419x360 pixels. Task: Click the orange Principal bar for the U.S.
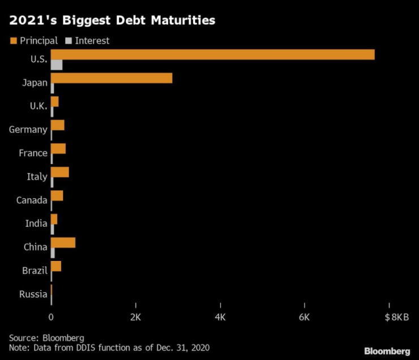coord(212,54)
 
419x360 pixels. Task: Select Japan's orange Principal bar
coord(112,78)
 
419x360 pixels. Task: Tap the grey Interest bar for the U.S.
coord(57,65)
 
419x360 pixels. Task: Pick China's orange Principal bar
coord(63,242)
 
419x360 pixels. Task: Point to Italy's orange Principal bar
coord(60,172)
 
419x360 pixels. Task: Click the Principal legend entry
coord(35,41)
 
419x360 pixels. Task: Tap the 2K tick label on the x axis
coord(135,317)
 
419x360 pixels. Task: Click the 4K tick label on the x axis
coord(220,317)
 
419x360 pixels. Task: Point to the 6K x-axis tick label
coord(305,317)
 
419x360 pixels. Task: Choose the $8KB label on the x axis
coord(396,317)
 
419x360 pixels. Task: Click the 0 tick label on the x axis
coord(52,317)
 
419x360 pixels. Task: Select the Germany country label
coord(28,130)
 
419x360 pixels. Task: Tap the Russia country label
coord(33,294)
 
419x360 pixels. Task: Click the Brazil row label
coord(35,271)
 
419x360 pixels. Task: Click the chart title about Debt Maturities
coord(112,21)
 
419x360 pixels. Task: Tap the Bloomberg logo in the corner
coord(387,352)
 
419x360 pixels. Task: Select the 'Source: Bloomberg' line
coord(46,337)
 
